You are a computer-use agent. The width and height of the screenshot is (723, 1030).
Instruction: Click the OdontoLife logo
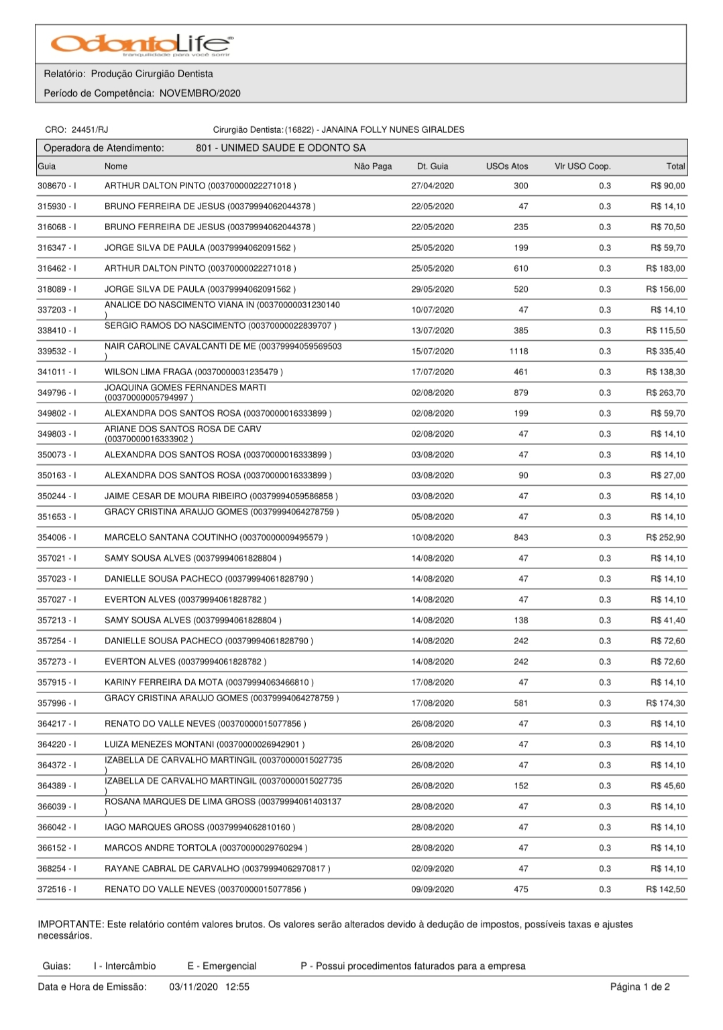142,44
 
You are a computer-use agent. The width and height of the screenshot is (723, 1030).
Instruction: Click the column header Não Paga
372,166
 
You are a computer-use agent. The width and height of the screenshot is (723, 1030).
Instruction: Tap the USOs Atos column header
507,166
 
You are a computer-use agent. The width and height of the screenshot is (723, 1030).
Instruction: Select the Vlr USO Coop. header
582,166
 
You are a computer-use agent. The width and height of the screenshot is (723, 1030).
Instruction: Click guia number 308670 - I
56,186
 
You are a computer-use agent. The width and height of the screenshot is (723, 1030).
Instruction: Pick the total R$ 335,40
665,352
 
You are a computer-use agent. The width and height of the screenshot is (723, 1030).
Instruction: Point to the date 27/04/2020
432,186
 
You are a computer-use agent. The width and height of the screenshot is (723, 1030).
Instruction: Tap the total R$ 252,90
665,537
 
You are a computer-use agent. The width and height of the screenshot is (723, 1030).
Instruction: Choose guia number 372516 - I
56,890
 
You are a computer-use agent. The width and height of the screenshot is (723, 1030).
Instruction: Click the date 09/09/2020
432,890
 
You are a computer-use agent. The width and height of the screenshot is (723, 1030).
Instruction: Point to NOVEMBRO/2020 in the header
200,93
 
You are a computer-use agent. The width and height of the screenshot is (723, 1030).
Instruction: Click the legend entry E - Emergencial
222,966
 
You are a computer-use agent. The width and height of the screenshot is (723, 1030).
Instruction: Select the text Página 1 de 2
640,987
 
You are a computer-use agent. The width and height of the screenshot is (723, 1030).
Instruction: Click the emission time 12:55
238,987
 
